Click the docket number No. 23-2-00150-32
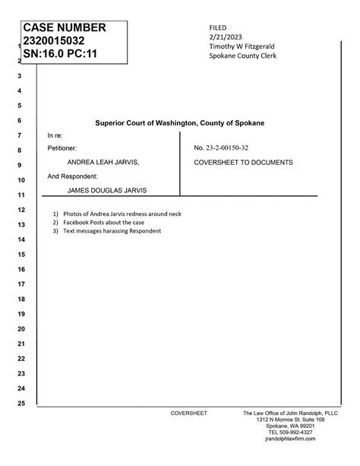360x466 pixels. tap(226, 147)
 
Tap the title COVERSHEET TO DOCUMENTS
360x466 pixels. tap(243, 163)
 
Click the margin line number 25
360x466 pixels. tap(21, 403)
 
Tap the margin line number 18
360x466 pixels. tap(21, 299)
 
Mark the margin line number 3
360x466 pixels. tap(21, 76)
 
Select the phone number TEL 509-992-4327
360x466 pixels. tap(285, 433)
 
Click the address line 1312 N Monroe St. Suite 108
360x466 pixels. tap(290, 419)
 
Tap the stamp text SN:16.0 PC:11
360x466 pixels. tap(55, 55)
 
